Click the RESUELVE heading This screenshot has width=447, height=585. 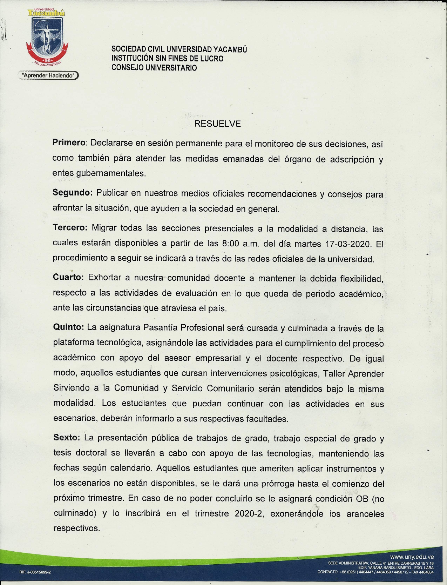217,124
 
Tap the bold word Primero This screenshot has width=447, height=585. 69,143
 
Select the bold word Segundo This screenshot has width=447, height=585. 72,192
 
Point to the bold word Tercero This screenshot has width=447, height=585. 70,227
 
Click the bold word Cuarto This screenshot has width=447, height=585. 68,277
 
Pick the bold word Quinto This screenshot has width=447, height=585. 68,327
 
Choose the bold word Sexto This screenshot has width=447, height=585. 67,438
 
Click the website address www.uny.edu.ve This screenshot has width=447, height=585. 412,557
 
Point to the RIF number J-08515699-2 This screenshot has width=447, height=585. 35,572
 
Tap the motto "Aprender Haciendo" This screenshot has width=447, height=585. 48,75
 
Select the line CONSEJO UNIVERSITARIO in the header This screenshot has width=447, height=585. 154,68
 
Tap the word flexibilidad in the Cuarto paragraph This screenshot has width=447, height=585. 361,279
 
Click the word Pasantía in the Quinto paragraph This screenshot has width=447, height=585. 161,327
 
